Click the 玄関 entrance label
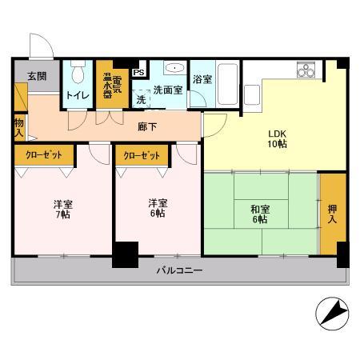(x=37, y=76)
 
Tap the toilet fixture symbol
(x=78, y=75)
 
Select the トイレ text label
(x=78, y=95)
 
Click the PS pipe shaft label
(x=138, y=73)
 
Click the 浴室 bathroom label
(x=202, y=80)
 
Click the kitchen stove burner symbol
(x=306, y=71)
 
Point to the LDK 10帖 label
(x=277, y=138)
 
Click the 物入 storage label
(x=18, y=129)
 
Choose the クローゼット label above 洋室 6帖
(x=142, y=156)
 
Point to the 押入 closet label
(x=333, y=213)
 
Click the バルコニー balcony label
(x=178, y=271)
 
